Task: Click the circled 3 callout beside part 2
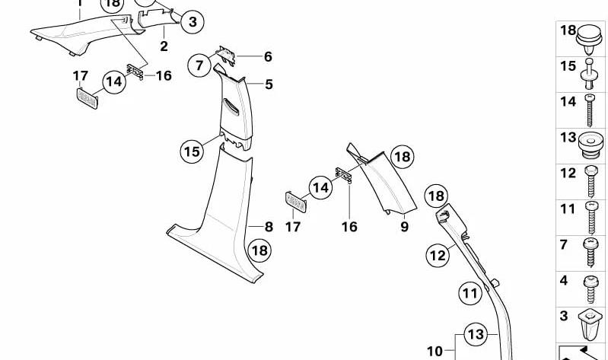(x=193, y=22)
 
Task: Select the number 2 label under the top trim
(x=164, y=46)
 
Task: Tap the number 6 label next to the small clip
(x=268, y=56)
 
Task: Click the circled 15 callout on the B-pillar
(x=192, y=151)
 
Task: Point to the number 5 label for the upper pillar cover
(x=269, y=84)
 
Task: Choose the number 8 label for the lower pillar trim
(x=269, y=227)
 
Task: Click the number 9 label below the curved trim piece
(x=404, y=227)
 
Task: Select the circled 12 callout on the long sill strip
(x=438, y=256)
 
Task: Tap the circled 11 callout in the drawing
(x=470, y=293)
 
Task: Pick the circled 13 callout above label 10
(x=476, y=334)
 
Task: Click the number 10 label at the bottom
(x=435, y=352)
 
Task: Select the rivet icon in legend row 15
(x=589, y=74)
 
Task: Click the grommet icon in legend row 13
(x=590, y=145)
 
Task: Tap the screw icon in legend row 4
(x=590, y=288)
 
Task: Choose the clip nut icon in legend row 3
(x=590, y=325)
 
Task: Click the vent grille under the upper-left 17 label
(x=88, y=98)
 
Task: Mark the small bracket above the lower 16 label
(x=343, y=175)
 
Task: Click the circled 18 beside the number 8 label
(x=259, y=250)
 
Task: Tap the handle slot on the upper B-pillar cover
(x=231, y=107)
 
